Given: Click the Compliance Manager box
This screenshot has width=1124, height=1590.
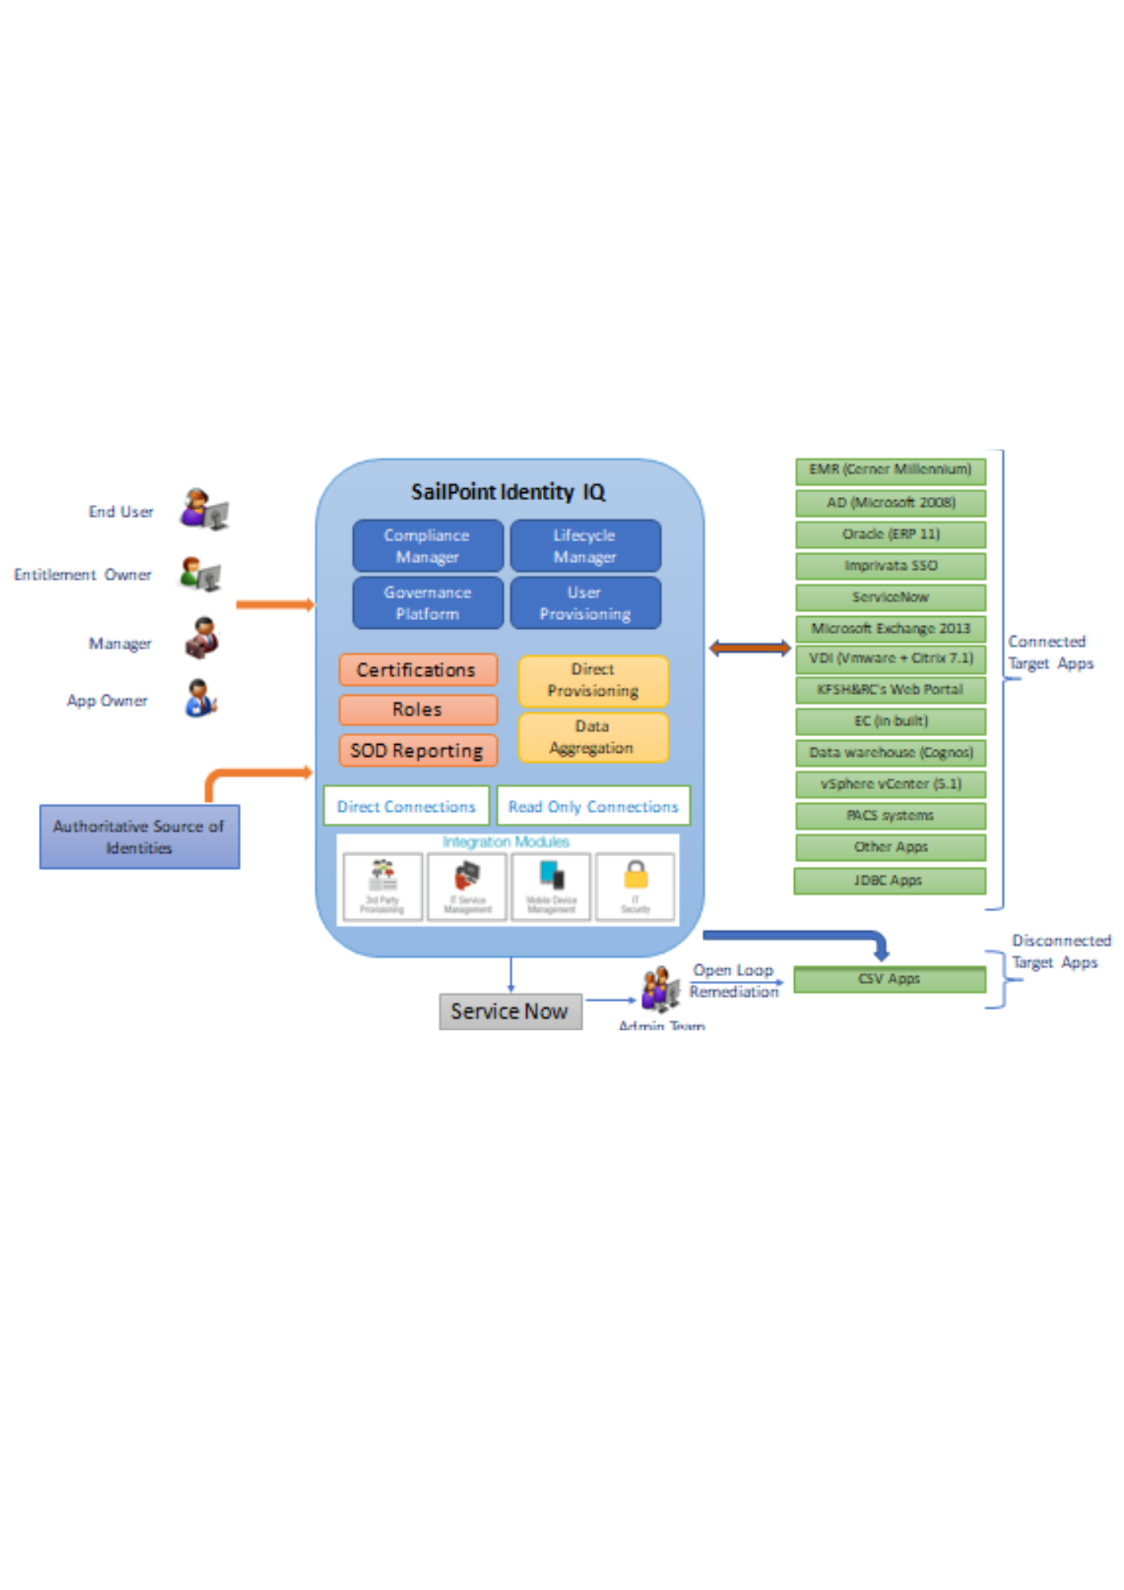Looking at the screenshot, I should tap(428, 546).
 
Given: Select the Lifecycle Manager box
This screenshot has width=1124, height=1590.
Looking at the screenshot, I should tap(585, 546).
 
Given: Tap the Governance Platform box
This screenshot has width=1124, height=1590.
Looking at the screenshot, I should tap(428, 603).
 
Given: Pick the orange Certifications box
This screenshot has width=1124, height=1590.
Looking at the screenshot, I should tap(418, 670).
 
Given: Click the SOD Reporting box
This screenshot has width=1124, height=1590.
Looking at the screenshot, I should tap(418, 750).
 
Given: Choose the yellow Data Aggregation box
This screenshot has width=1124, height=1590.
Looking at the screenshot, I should tap(593, 738).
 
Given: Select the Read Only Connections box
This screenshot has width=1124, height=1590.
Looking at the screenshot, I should tap(593, 806).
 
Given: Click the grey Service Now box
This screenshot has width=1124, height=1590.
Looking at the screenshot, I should tap(510, 1011).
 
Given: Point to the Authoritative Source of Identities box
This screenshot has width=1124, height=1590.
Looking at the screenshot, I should tap(139, 837).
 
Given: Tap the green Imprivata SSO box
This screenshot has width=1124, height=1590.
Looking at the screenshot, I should tap(890, 566).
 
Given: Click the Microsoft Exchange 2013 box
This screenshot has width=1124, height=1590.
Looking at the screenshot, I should tap(890, 629).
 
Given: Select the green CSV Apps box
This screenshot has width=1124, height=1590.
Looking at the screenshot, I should tap(890, 979).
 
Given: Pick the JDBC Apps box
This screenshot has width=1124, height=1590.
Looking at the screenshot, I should tap(890, 881).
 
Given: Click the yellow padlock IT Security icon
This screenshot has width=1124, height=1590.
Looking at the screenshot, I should tap(635, 876).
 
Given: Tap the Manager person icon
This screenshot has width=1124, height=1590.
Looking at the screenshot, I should tap(203, 638).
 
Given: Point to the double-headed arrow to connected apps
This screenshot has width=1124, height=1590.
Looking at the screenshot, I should tap(750, 649).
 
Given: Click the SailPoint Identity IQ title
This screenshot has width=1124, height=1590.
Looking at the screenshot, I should tap(509, 492).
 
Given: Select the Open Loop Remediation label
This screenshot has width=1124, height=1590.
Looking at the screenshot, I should tap(734, 981).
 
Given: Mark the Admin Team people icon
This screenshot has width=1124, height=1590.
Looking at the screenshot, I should tap(661, 990).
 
